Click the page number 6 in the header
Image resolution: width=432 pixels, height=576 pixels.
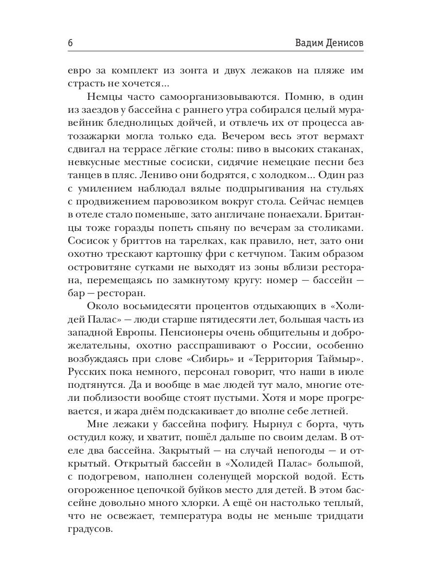click(71, 43)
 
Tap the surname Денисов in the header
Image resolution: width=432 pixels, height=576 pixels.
click(346, 43)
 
